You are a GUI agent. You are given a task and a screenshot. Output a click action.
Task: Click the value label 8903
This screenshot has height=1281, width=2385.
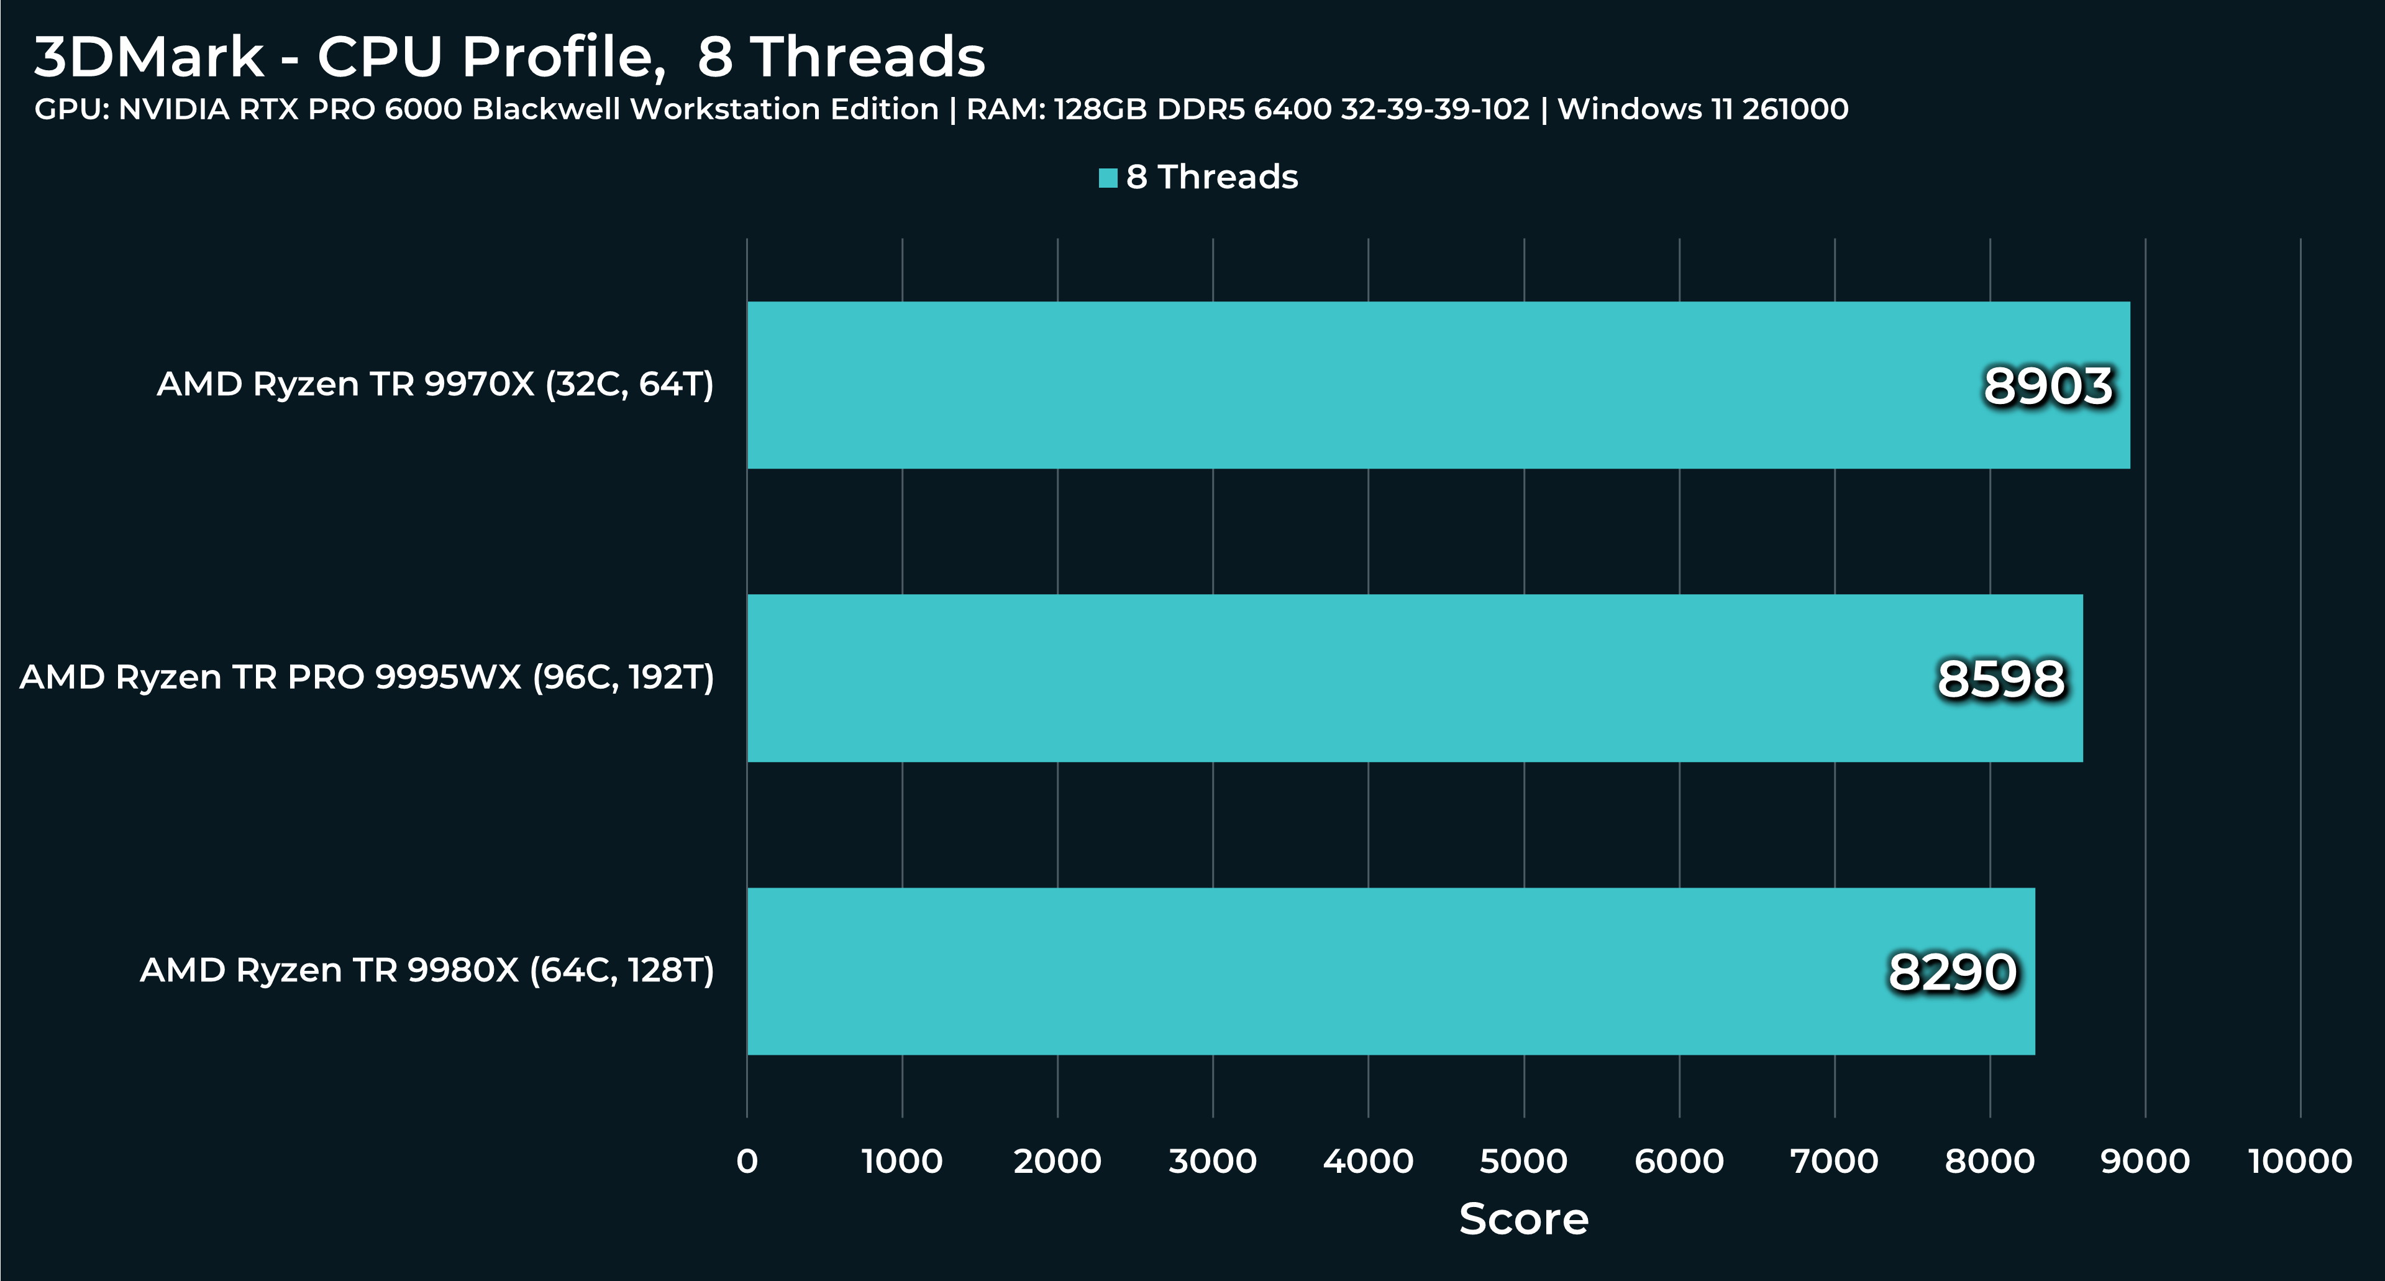[x=2048, y=386]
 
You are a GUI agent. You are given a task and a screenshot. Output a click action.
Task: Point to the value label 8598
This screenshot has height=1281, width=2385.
[x=2001, y=679]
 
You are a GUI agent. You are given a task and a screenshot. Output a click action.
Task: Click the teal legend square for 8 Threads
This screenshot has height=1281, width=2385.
[x=1107, y=178]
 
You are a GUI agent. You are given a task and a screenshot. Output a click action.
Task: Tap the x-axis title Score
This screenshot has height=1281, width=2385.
[x=1523, y=1219]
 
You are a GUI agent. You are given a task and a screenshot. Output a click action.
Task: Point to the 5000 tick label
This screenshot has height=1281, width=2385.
[x=1523, y=1160]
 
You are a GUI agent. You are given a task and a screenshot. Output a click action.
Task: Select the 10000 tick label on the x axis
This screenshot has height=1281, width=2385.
[x=2300, y=1160]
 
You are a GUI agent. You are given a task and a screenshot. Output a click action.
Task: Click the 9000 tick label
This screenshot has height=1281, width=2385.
[x=2145, y=1160]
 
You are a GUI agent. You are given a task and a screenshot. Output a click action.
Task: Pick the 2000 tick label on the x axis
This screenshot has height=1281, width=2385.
[x=1057, y=1160]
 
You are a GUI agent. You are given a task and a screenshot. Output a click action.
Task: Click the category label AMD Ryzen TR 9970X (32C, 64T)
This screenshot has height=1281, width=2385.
[x=435, y=384]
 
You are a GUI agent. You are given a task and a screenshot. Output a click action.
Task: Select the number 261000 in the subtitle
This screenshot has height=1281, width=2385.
[x=1795, y=109]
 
